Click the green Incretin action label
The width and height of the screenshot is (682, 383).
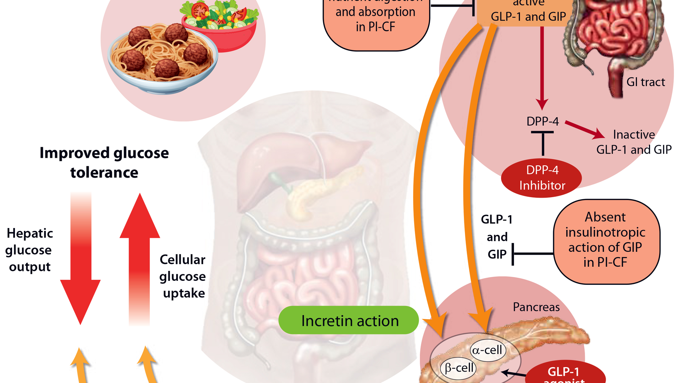pos(349,321)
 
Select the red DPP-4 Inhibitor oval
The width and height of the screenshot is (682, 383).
pos(542,178)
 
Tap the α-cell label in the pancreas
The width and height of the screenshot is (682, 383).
pos(487,350)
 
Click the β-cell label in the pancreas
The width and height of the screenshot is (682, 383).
pos(459,368)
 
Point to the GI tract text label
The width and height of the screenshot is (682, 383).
pos(645,82)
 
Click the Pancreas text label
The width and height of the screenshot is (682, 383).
pos(536,307)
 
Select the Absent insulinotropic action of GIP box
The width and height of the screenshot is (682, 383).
pos(606,240)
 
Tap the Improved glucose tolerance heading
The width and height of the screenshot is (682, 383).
pos(104,163)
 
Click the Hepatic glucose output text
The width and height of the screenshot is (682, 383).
pos(29,250)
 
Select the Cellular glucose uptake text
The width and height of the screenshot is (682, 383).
pos(183,276)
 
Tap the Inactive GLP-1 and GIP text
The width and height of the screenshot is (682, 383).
pos(634,142)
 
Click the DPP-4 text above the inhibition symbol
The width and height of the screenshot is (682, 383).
pos(542,122)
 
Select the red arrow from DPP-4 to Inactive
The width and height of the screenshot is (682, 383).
pos(584,130)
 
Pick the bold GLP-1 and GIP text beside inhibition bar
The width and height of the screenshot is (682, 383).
pos(497,237)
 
